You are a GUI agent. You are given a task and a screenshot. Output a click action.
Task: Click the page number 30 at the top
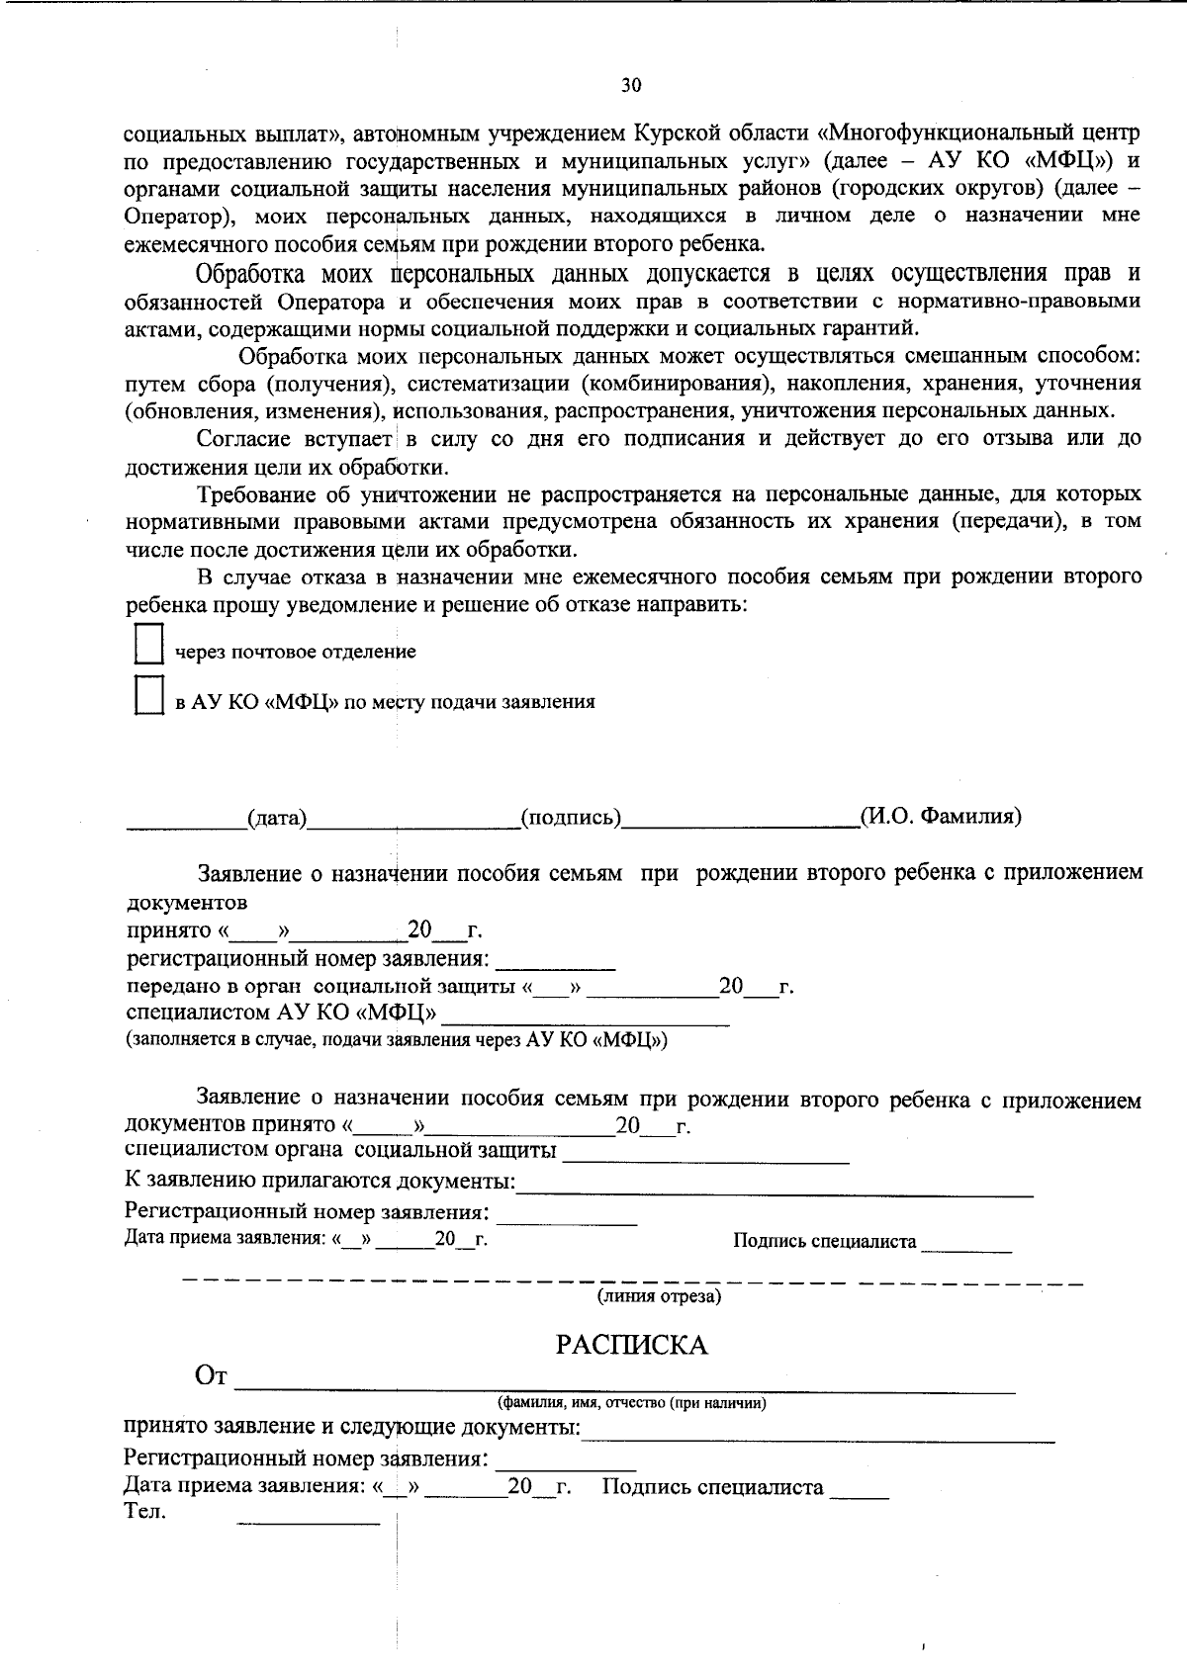[x=631, y=85]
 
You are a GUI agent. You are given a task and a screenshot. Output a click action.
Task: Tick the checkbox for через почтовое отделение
[x=148, y=644]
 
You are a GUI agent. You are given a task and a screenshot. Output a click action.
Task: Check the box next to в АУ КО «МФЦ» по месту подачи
[x=148, y=695]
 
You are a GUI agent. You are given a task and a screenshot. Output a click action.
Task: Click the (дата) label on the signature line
[x=277, y=818]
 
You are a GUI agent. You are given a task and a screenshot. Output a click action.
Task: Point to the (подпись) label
[x=571, y=818]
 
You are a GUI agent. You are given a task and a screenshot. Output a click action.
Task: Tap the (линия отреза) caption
[x=658, y=1295]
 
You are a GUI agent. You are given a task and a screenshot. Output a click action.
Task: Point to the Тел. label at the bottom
[x=145, y=1511]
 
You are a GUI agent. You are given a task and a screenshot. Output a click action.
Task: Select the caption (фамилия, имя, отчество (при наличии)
[x=631, y=1402]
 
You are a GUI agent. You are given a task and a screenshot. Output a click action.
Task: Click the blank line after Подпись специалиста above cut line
[x=966, y=1246]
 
